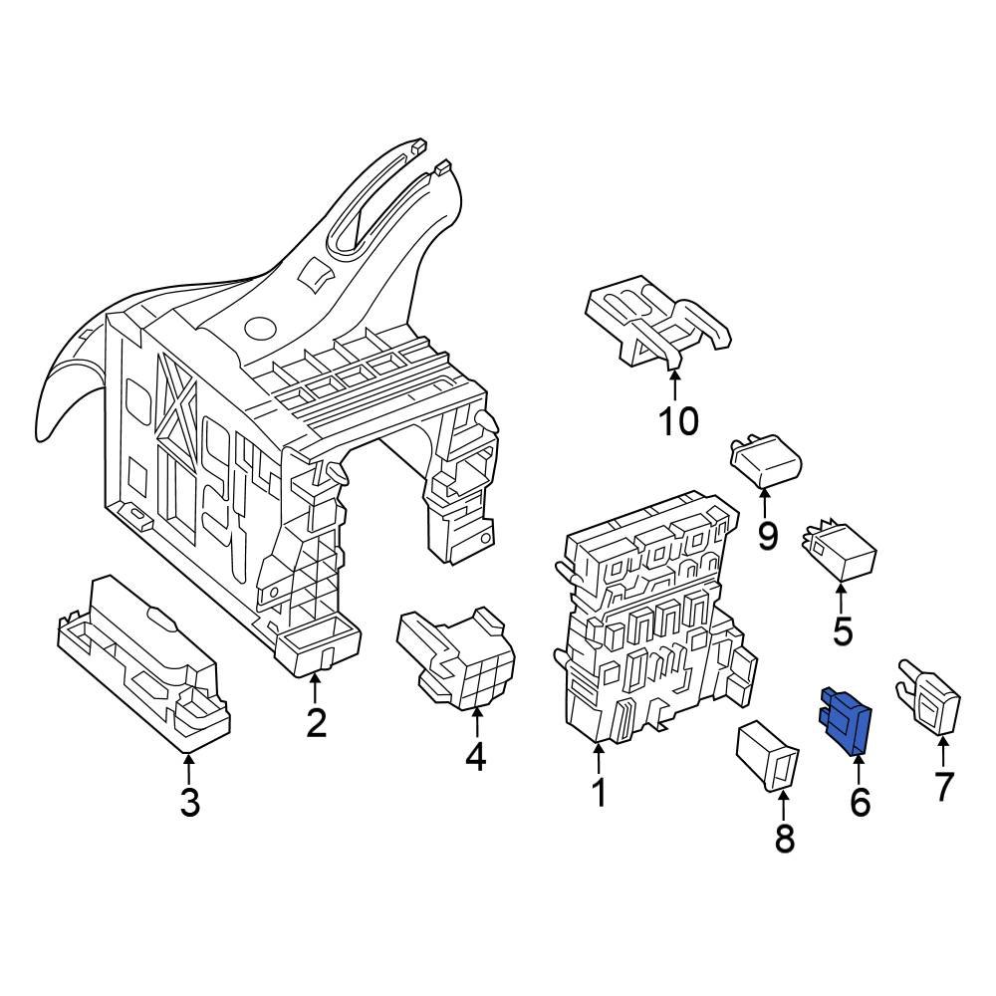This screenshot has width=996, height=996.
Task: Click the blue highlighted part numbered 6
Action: click(x=846, y=720)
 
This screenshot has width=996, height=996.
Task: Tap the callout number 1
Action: click(x=599, y=793)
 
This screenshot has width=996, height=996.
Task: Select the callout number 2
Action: click(x=316, y=722)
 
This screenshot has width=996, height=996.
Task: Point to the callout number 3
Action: click(x=189, y=800)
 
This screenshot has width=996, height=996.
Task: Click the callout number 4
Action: click(x=475, y=757)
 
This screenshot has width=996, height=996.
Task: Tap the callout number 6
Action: click(x=860, y=800)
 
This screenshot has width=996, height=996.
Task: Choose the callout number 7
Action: click(x=943, y=786)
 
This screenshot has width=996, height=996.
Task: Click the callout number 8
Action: click(x=785, y=839)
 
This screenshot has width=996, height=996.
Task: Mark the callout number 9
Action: click(x=767, y=536)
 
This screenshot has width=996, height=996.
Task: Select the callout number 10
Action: click(x=678, y=421)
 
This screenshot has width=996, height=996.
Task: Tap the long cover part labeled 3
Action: click(x=139, y=662)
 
